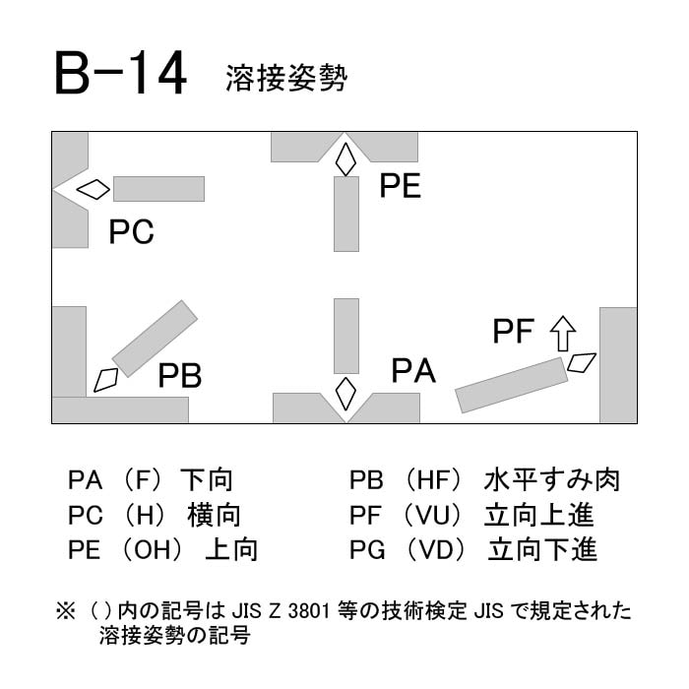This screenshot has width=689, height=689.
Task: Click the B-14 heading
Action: click(121, 73)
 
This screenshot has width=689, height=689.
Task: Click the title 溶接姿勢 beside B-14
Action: click(286, 78)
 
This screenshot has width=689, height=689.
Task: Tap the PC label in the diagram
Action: click(131, 232)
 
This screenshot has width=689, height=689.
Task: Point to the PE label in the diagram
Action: click(401, 186)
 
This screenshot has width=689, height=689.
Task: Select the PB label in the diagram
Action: click(180, 376)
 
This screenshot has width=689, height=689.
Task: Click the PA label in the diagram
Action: click(413, 371)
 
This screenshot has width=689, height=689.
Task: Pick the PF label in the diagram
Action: click(513, 331)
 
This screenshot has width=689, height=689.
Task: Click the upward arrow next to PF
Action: click(563, 334)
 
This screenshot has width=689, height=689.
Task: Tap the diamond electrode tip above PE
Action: click(345, 159)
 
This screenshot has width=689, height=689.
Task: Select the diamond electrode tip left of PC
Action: click(94, 189)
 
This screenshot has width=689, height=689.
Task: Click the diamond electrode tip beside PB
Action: click(106, 380)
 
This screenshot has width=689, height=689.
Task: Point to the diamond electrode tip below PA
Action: click(345, 394)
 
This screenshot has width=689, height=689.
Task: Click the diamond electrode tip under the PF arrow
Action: click(582, 363)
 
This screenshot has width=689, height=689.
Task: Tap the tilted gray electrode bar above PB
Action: click(155, 339)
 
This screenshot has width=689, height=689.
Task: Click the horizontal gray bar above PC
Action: click(159, 189)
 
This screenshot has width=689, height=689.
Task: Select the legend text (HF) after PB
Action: click(433, 480)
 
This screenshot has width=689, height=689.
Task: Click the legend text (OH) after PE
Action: click(152, 550)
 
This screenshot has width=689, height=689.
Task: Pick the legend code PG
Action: click(367, 550)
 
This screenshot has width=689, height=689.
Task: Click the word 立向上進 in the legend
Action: click(539, 515)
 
